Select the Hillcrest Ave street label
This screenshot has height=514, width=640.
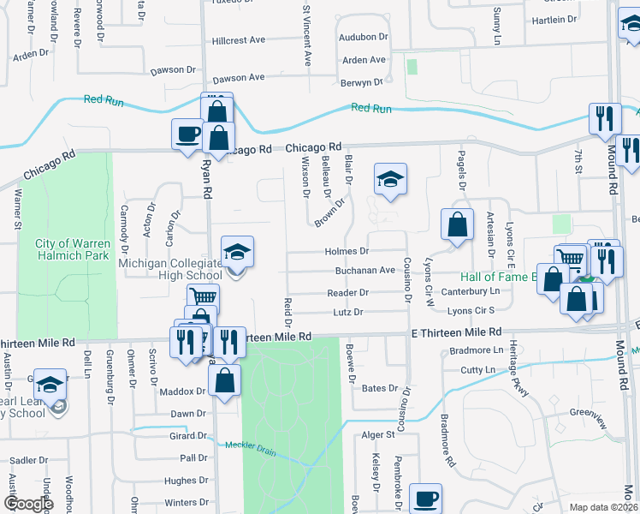240,40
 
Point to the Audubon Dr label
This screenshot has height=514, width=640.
364,38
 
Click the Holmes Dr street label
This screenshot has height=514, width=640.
347,252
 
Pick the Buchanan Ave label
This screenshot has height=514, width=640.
370,270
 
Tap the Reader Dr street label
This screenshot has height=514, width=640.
347,293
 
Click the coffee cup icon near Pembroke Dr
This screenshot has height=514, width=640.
425,499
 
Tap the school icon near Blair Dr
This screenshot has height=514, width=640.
390,179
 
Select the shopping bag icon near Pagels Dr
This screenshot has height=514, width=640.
458,224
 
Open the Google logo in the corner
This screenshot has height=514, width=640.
28,505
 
